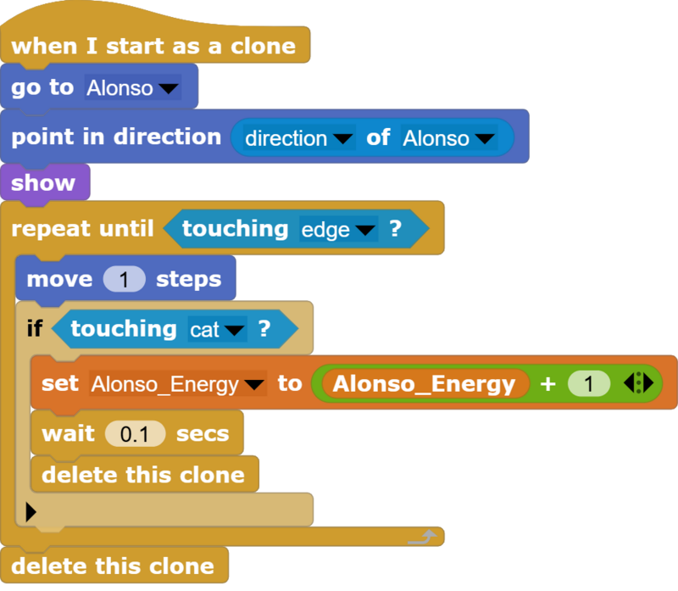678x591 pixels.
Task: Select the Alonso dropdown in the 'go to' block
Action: click(x=133, y=88)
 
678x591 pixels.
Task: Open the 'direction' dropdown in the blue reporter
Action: click(x=299, y=138)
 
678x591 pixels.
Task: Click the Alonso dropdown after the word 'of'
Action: click(x=449, y=138)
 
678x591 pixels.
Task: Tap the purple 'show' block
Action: click(x=45, y=182)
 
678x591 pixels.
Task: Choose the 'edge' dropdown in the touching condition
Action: click(x=338, y=229)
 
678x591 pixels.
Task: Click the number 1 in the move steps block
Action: click(x=124, y=279)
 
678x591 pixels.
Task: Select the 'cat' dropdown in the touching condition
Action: click(x=218, y=330)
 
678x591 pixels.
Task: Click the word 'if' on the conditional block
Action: click(x=35, y=328)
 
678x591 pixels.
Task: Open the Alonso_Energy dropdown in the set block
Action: click(x=178, y=384)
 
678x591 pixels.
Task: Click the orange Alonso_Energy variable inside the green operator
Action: click(x=425, y=383)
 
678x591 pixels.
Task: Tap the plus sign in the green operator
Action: click(x=547, y=384)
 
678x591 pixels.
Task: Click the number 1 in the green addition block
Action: click(x=589, y=384)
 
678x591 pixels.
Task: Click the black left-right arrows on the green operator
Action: click(x=639, y=383)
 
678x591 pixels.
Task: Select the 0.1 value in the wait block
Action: click(x=135, y=434)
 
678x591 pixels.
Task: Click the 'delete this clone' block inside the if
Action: click(x=145, y=474)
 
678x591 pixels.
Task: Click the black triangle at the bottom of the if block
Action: click(x=31, y=512)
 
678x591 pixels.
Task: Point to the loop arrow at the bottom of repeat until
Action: click(x=422, y=537)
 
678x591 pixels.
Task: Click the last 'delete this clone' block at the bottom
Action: click(x=114, y=566)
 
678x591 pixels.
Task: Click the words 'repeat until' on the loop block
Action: click(x=82, y=228)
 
